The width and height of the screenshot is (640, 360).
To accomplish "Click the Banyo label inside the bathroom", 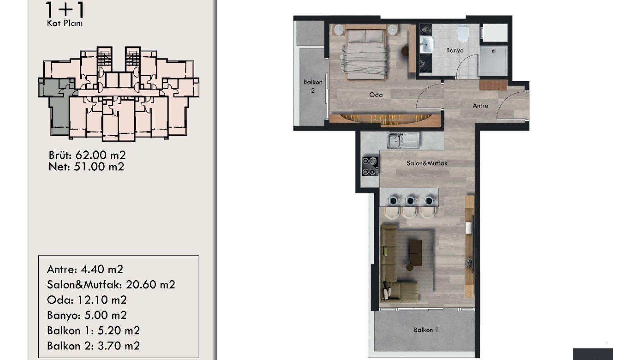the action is (455, 50).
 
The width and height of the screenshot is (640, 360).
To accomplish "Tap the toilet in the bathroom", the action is (463, 33).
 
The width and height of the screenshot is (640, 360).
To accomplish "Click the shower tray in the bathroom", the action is (493, 61).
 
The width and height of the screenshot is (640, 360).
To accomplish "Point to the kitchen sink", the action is (403, 140).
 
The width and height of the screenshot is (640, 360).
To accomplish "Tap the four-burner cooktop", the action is (370, 166).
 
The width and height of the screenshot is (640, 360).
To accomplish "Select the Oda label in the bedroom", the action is (376, 95).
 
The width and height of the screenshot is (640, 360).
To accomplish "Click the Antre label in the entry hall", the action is (480, 106).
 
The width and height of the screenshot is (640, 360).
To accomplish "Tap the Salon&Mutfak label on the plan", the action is (427, 163).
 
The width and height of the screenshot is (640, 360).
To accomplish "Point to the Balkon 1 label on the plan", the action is (426, 330).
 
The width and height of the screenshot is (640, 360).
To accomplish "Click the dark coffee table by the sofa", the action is (416, 253).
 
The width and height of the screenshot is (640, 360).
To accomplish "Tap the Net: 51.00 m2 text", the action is (86, 167).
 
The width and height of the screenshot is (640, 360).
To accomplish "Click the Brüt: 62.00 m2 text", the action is (87, 155).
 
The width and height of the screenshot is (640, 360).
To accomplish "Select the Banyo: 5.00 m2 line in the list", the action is (87, 315).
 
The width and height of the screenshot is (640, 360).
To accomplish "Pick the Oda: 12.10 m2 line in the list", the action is (87, 300).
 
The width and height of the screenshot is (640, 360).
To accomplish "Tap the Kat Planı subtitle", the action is (65, 23).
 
